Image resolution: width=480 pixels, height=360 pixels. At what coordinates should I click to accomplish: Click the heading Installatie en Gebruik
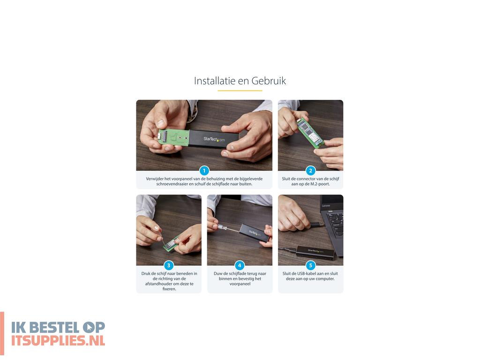pos(240,81)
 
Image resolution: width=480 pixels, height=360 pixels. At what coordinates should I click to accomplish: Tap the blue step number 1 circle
pos(204,171)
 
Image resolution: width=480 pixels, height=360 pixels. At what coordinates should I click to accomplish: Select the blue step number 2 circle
pos(310,171)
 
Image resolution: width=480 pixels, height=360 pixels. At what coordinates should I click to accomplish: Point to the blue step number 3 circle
pos(169,265)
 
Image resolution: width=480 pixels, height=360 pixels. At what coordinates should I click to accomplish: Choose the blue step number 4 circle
pos(240,265)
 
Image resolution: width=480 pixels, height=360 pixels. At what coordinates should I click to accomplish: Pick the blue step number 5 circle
pos(310,265)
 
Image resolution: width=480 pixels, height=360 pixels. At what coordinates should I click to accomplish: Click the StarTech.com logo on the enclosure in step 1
pos(214,139)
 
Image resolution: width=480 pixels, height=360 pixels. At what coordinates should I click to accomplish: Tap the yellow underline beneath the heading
pos(240,90)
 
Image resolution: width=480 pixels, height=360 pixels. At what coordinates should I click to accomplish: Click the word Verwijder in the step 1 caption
pos(155,179)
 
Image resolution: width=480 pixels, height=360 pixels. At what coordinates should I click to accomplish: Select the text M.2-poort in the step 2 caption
pos(320,184)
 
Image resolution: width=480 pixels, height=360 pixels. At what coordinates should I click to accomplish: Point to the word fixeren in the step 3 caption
pos(169,289)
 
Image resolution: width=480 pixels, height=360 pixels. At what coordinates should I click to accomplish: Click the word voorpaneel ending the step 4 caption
pos(240,284)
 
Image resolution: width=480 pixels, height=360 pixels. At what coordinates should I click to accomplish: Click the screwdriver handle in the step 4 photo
pos(222,227)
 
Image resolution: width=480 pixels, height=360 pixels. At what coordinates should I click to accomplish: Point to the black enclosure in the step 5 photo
pos(315,253)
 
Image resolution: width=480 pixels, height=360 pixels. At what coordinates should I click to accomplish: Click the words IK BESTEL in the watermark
pos(45,328)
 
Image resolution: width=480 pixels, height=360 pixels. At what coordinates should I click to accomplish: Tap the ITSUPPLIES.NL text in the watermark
pos(58,340)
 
